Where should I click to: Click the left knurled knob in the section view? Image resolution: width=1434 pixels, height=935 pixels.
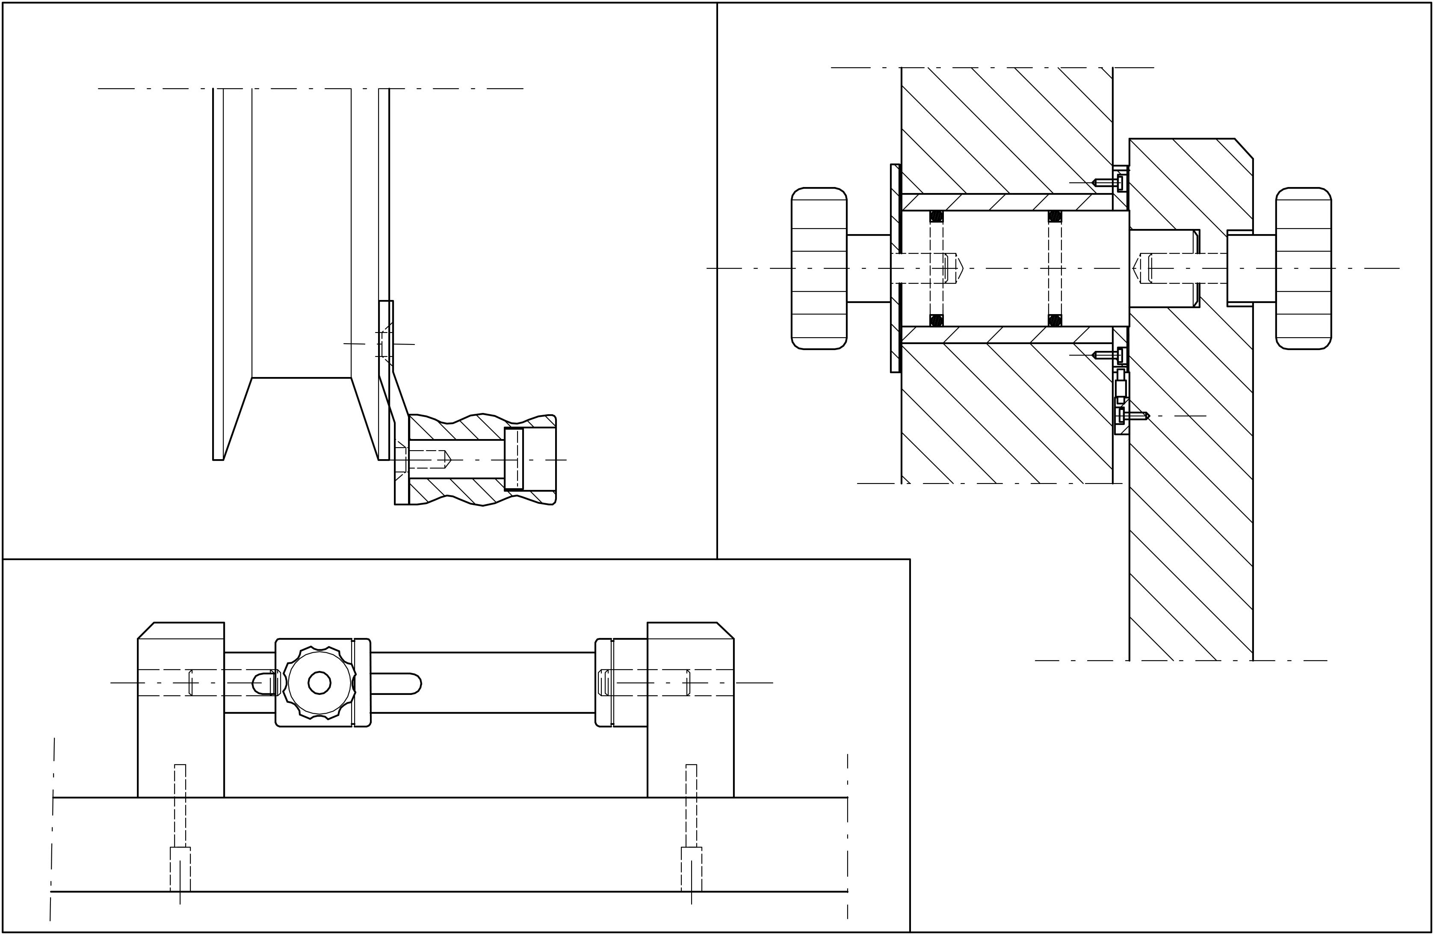819,268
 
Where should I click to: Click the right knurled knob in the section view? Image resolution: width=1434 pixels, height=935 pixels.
1303,268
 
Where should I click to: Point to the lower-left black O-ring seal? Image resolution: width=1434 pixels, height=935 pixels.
936,320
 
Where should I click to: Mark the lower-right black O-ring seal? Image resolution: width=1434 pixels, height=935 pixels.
1054,320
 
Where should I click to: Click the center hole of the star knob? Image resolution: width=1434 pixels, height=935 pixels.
319,683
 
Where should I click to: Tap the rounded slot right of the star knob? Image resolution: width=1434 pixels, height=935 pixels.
395,683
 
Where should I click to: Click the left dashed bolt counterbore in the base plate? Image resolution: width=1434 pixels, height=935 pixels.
180,869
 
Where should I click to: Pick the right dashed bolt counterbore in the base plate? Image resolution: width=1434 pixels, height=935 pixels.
691,869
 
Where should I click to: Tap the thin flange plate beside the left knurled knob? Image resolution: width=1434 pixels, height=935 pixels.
896,268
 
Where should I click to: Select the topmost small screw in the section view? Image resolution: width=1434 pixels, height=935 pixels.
1107,182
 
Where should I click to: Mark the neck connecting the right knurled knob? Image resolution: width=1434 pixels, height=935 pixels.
1251,268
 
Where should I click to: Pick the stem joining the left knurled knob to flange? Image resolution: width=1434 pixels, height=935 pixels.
868,268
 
